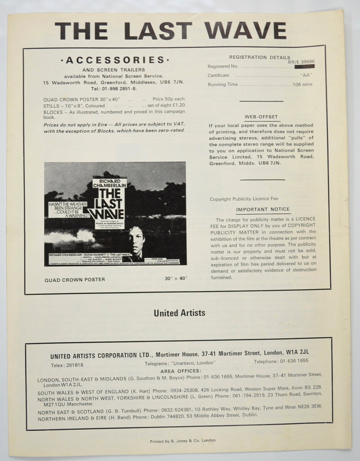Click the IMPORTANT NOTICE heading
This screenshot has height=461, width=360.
263,209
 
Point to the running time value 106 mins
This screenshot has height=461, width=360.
302,84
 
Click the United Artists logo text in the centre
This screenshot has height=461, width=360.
179,313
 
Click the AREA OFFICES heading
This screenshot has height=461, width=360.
180,371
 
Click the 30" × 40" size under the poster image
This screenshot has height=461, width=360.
176,279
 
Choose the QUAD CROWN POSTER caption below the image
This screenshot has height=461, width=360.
75,280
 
